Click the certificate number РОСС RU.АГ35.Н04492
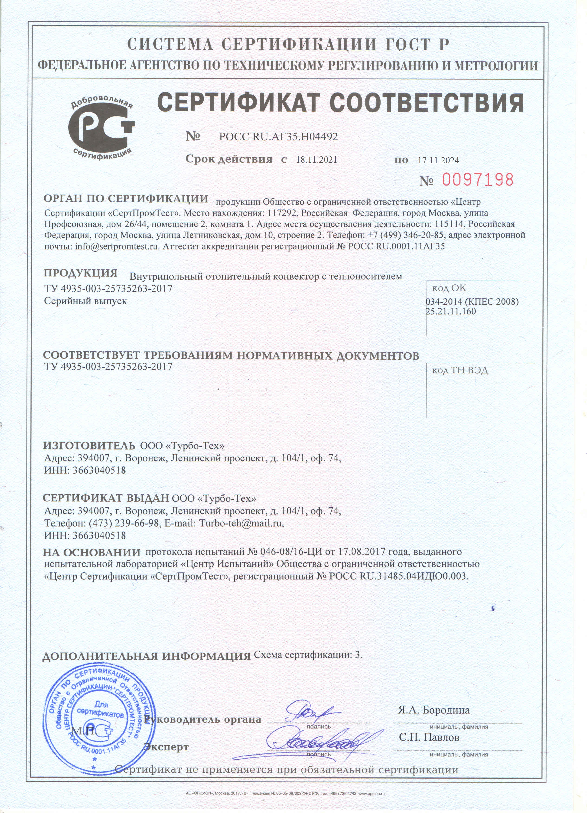[278, 137]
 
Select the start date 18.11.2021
[316, 160]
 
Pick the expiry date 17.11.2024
[438, 161]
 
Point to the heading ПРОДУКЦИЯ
[80, 273]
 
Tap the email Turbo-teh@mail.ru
[241, 523]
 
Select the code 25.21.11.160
[451, 311]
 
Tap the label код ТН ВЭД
[460, 370]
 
